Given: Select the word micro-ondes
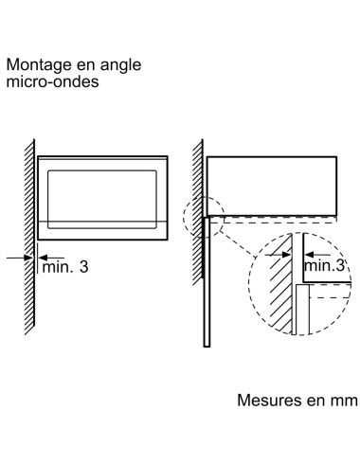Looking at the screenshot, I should pos(53,83).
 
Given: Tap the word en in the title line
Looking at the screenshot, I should pos(86,66).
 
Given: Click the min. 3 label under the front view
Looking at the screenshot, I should pos(66,268).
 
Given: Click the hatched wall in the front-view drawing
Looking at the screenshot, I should pos(29,237).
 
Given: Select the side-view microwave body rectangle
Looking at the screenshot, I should pos(270,183).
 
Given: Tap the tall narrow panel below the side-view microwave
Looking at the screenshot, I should pos(203,284).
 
